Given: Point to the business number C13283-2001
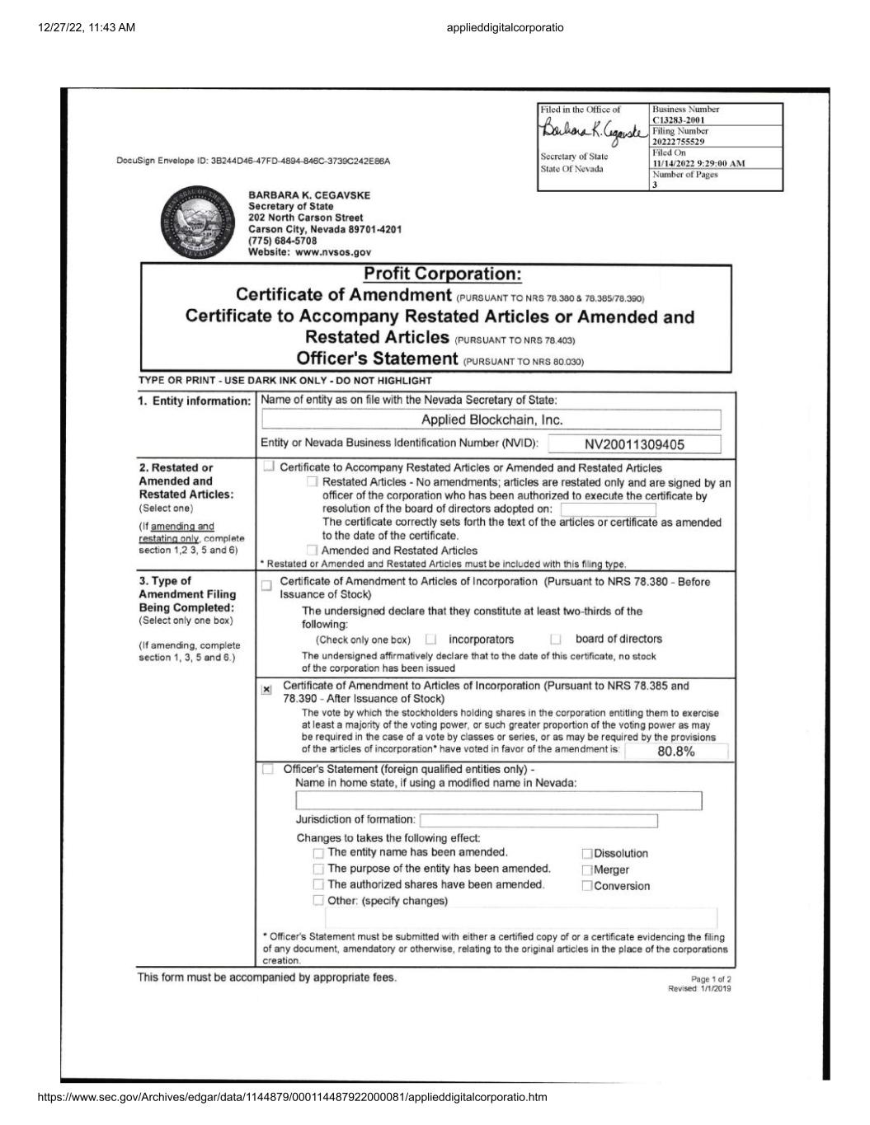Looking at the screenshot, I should pyautogui.click(x=678, y=120).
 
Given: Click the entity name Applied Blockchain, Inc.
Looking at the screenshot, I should pyautogui.click(x=491, y=420).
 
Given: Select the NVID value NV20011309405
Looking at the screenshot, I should pyautogui.click(x=634, y=445).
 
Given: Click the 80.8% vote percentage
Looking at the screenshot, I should pyautogui.click(x=676, y=752).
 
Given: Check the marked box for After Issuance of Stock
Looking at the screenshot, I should pyautogui.click(x=266, y=690).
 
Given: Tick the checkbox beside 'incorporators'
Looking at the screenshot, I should pyautogui.click(x=430, y=640).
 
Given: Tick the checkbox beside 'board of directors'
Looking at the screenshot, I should pyautogui.click(x=556, y=640).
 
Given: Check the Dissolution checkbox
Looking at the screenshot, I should pyautogui.click(x=587, y=854).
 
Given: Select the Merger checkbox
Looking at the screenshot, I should pyautogui.click(x=587, y=870).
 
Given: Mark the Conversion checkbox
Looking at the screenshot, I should pyautogui.click(x=587, y=887).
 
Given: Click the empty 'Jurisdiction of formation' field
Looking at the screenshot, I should pyautogui.click(x=538, y=821).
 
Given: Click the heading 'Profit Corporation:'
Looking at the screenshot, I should pyautogui.click(x=442, y=274).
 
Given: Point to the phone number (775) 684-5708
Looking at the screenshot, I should pyautogui.click(x=282, y=241).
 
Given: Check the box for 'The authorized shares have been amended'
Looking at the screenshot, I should pyautogui.click(x=318, y=885).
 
